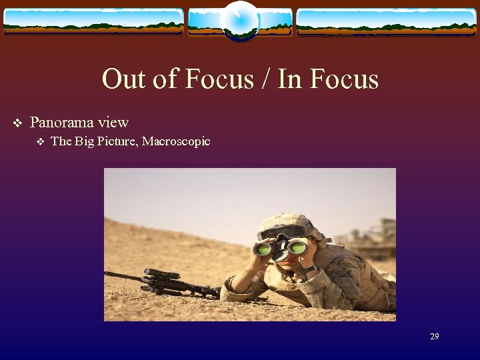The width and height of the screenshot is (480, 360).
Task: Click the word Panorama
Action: click(63, 123)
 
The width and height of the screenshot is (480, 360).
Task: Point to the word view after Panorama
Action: click(113, 123)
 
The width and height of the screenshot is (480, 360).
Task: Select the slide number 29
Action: click(434, 337)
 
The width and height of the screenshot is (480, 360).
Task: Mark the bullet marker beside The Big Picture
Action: click(40, 141)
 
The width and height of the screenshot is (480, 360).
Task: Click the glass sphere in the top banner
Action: click(239, 20)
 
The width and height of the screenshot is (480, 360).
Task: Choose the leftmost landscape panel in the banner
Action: click(93, 21)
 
